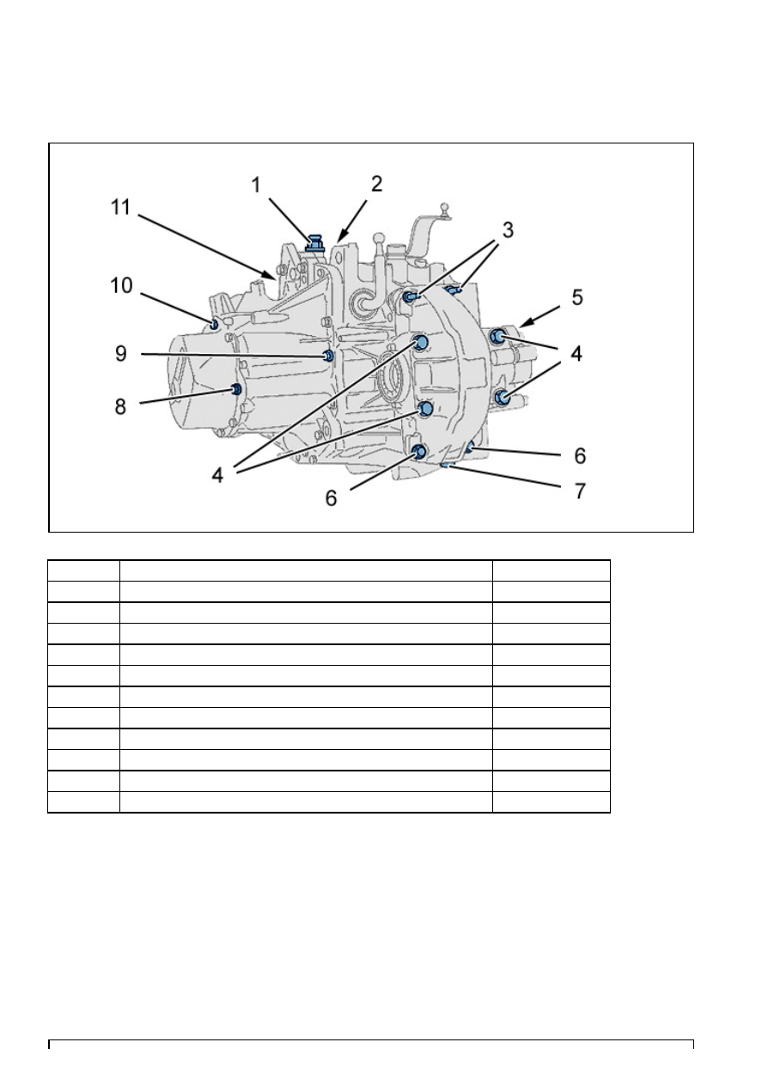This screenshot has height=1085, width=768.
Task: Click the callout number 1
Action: coord(256,185)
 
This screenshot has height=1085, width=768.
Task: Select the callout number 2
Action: coord(377,184)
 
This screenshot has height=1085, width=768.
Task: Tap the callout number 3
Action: coord(508,230)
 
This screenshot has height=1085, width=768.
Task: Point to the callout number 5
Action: coord(576,297)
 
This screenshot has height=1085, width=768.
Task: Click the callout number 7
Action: coord(580,491)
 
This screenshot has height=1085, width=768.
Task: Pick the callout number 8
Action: coord(120,406)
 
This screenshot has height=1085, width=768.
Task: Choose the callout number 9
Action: coord(120,354)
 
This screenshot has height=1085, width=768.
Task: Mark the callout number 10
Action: coord(121,285)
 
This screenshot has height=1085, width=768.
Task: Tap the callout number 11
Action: coord(121,207)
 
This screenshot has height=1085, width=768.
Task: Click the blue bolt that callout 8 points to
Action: coord(237,389)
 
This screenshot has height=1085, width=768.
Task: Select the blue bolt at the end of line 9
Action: coord(328,356)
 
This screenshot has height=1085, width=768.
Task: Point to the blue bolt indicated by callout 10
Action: coord(214,323)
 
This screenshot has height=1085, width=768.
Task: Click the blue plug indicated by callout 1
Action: coord(315,242)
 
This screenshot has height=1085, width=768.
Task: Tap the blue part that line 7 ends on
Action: coord(447,465)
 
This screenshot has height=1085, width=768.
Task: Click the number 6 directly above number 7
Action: coord(580,456)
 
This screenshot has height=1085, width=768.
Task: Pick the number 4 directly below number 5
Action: coord(576,354)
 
